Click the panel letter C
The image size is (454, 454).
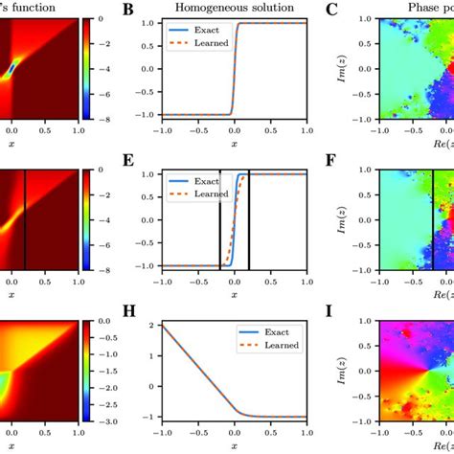331,11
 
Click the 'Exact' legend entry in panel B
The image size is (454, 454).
201,32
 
